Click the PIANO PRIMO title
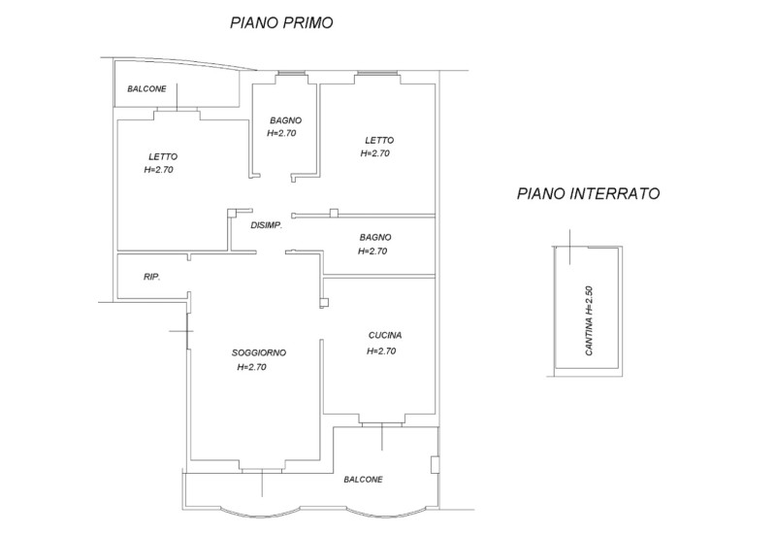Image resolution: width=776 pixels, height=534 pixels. point(280,23)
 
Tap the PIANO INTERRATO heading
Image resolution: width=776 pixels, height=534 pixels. point(588,194)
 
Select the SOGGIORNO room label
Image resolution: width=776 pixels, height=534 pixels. point(259,352)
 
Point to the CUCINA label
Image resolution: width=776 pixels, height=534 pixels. point(385,335)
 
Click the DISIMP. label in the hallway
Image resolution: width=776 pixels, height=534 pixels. point(266,226)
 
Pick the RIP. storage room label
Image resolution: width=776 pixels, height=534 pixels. point(151,277)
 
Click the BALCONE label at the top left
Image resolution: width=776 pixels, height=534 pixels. point(146,89)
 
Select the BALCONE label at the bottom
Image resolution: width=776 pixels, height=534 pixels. point(363,480)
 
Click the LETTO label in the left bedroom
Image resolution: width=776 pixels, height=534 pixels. point(163,156)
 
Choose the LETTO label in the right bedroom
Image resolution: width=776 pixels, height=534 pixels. point(379,140)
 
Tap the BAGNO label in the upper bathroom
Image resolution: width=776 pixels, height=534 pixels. point(285,120)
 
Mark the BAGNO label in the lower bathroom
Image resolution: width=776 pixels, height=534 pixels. point(374,237)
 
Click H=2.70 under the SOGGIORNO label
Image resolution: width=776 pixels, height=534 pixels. point(251,368)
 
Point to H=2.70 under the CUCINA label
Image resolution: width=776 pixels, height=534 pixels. point(381,351)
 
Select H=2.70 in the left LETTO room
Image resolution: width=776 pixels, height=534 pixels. point(157,170)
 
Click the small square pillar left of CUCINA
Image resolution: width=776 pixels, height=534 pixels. point(323,303)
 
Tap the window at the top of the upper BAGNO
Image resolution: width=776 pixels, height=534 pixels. point(288,74)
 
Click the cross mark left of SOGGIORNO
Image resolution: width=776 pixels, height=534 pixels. point(181,332)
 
